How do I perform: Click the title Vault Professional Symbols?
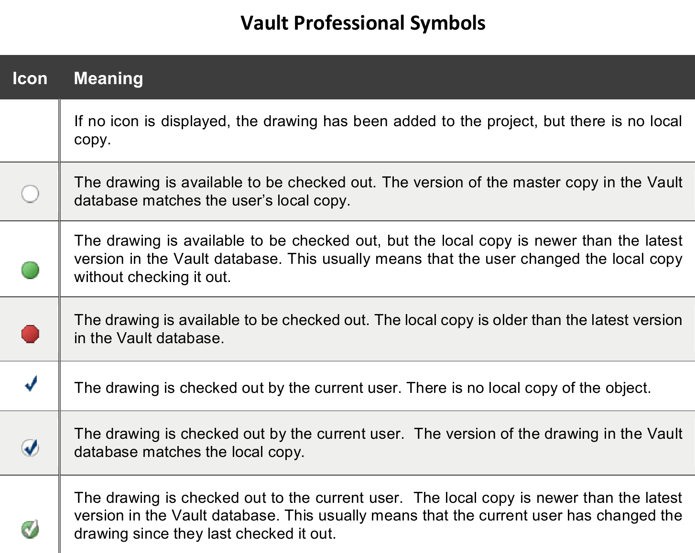coord(363,23)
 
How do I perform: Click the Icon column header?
coord(30,78)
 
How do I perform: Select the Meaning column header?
coord(109,78)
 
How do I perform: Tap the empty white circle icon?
coord(30,194)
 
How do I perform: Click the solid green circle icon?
coord(30,270)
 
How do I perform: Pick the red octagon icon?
coord(30,334)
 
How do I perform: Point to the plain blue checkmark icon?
coord(32,383)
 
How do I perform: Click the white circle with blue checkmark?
coord(31,448)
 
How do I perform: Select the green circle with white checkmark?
coord(31,529)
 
